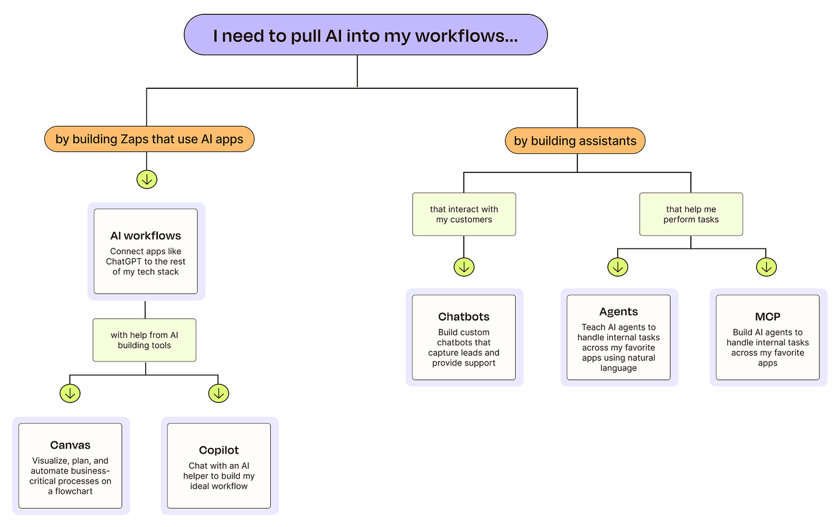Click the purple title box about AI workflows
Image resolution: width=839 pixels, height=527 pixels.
(365, 35)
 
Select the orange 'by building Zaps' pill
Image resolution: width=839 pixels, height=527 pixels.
(149, 139)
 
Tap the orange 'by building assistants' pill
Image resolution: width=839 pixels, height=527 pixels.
(575, 141)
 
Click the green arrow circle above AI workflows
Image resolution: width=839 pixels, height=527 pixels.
(147, 179)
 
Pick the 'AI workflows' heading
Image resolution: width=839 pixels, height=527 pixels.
(146, 235)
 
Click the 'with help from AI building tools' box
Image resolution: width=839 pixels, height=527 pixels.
(145, 340)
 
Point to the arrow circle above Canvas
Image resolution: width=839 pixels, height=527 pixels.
(70, 393)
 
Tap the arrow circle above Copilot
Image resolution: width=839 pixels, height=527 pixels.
(219, 393)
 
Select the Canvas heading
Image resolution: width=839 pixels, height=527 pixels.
(70, 445)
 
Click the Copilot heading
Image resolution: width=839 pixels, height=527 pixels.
(219, 450)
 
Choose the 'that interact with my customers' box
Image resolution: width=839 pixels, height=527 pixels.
(464, 214)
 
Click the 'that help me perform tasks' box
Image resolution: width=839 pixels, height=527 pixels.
(691, 214)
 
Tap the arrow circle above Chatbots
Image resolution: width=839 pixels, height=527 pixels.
(464, 267)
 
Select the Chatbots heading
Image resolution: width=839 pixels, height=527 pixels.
(464, 317)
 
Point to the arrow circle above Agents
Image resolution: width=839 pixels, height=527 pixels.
(618, 267)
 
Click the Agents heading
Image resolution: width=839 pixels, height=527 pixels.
(618, 312)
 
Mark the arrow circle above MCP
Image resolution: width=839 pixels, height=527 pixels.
(766, 267)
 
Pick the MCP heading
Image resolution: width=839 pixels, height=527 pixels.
(768, 317)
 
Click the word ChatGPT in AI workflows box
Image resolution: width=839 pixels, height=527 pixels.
(124, 262)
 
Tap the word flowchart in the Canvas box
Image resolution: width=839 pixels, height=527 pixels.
(74, 491)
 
